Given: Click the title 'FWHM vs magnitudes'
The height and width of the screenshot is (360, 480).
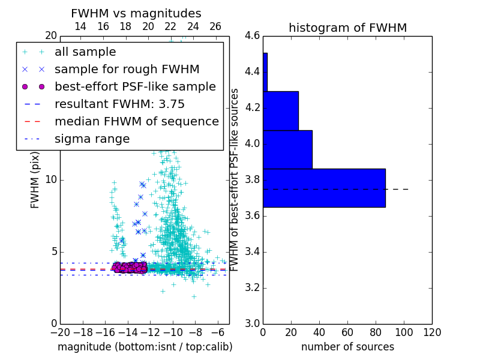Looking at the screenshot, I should click(x=136, y=14).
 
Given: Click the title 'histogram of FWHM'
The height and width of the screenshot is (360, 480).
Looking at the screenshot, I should click(x=347, y=28).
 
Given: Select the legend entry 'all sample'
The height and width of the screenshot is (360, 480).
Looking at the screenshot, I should click(x=85, y=52).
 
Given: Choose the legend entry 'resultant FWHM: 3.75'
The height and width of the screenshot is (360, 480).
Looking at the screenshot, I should click(x=119, y=104).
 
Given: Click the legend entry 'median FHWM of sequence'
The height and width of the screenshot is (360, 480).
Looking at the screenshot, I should click(x=136, y=122).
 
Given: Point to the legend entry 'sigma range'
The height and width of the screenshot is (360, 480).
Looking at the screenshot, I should click(x=92, y=139).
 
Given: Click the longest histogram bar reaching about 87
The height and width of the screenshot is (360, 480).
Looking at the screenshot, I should click(x=324, y=188).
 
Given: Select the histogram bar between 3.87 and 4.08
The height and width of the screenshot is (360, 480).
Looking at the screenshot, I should click(x=287, y=149).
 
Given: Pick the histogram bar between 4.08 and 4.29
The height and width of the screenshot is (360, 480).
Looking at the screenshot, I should click(x=280, y=111).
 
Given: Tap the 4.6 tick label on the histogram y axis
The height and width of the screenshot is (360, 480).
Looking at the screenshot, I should click(x=253, y=36).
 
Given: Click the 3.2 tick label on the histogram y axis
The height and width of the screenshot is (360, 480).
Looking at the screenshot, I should click(x=253, y=287).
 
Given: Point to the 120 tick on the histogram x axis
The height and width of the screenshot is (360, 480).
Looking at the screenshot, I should click(x=431, y=332).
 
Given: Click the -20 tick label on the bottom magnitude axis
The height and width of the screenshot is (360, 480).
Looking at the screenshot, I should click(x=60, y=332).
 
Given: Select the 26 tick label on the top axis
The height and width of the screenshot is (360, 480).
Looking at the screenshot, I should click(x=215, y=26).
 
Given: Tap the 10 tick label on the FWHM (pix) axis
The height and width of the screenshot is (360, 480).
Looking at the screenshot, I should click(x=51, y=180).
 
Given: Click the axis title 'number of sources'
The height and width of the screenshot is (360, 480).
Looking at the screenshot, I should click(x=347, y=347).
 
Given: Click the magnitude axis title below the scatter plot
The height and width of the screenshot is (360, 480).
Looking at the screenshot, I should click(x=145, y=347).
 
